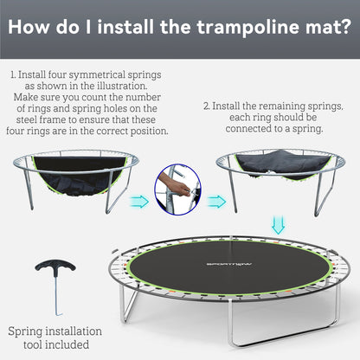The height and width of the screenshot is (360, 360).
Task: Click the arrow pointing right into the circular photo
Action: click(x=139, y=202)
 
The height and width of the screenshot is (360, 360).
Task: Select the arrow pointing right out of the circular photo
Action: click(x=215, y=202)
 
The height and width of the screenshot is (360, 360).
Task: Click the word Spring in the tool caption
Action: click(x=28, y=331)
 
